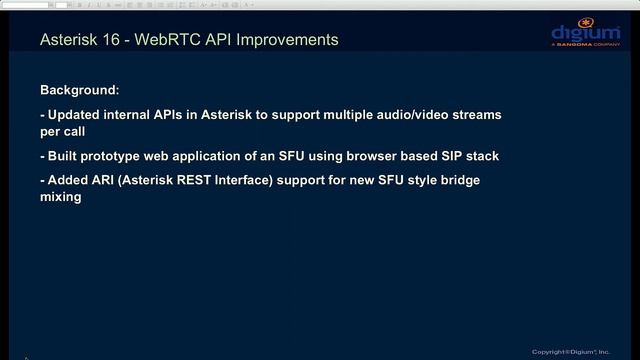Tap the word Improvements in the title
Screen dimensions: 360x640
(283, 40)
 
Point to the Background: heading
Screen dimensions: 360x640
(79, 89)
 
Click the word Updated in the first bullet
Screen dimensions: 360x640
(77, 115)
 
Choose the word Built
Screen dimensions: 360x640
(65, 157)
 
